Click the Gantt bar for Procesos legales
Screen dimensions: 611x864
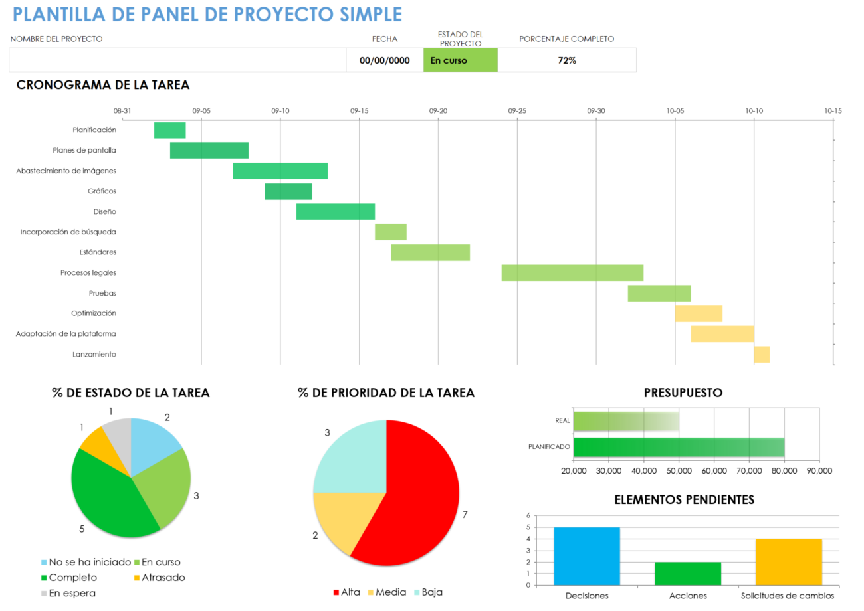click(572, 273)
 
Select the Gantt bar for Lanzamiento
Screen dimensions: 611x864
click(762, 355)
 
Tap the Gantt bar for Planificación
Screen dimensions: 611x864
click(169, 130)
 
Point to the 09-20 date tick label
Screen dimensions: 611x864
click(438, 111)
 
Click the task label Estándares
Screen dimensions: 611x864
click(98, 252)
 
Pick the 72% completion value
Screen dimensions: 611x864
click(567, 60)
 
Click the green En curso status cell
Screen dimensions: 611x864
click(460, 60)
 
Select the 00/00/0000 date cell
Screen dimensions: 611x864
click(385, 60)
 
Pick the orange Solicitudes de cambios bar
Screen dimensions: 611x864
click(789, 562)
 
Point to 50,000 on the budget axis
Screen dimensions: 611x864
click(679, 471)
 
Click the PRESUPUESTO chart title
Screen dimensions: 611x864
click(683, 393)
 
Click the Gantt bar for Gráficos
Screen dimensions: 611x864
click(288, 191)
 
